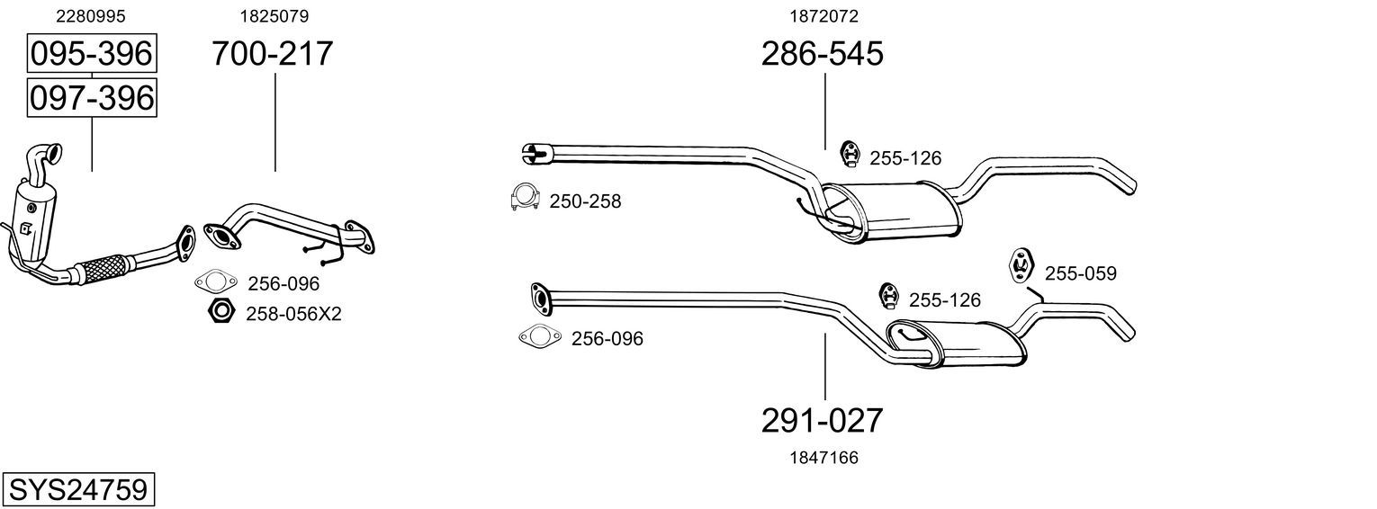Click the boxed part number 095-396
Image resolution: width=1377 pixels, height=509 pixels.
tap(92, 53)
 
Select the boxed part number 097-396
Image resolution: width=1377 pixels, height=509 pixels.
tap(92, 98)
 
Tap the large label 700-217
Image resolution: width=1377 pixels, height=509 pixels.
tap(273, 53)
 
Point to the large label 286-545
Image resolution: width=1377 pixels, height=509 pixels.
tap(823, 53)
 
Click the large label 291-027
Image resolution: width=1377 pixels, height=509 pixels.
tap(823, 421)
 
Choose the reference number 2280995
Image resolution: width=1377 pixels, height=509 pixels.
tap(90, 16)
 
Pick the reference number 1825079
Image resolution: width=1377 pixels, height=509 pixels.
tap(274, 16)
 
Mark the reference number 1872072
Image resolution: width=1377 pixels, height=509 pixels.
tap(823, 16)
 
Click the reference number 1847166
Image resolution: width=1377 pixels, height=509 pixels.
tap(823, 458)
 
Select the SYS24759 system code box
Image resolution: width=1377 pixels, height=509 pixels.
tap(78, 490)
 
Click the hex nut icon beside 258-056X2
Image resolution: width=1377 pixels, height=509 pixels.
tap(221, 311)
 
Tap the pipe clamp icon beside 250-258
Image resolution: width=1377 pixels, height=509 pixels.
tap(525, 197)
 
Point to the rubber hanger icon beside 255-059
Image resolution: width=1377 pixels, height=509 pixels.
tap(1021, 266)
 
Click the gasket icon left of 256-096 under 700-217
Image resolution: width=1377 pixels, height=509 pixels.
tap(215, 282)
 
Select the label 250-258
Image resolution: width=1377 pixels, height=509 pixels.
tap(585, 201)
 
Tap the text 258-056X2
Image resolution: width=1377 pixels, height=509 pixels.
tap(293, 315)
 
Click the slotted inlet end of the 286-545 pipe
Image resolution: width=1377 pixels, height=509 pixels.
tap(536, 153)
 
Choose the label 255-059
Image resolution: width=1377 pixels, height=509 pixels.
tap(1081, 273)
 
